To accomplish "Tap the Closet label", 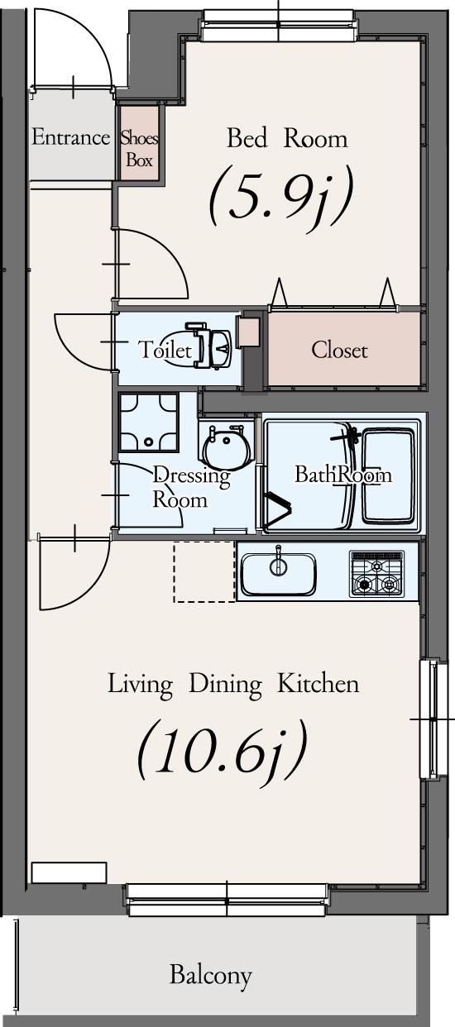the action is (339, 351).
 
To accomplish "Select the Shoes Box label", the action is (139, 149).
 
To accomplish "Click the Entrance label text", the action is (70, 137).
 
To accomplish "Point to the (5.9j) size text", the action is (281, 195).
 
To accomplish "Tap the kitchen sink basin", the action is (279, 574).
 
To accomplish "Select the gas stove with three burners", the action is (377, 574).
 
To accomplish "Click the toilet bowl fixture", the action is (208, 347).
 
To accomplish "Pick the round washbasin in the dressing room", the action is (227, 447).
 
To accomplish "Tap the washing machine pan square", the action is (149, 422).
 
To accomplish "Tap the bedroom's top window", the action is (280, 24).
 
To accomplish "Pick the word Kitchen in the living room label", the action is (318, 684).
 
